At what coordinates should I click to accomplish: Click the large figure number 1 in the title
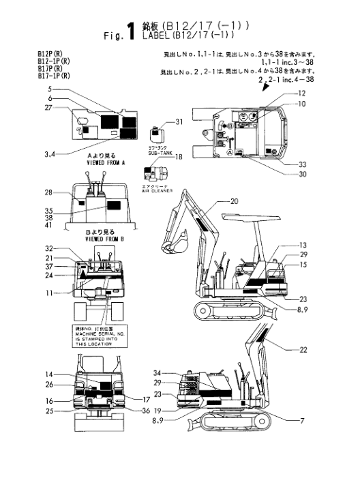pos(130,32)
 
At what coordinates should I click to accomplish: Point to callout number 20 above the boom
pos(234,201)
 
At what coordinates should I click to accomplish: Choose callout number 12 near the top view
pos(302,93)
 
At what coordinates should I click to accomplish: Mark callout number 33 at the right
pos(303,164)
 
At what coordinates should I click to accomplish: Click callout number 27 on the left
pos(49,108)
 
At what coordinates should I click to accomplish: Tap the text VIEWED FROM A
pos(104,164)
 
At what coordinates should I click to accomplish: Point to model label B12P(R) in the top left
pos(50,53)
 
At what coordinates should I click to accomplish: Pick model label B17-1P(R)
pos(54,76)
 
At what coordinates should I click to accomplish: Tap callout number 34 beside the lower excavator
pos(157,373)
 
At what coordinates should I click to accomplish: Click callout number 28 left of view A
pos(48,192)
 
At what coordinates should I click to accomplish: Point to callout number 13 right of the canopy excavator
pos(303,245)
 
